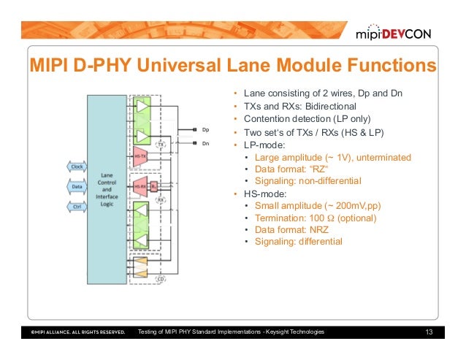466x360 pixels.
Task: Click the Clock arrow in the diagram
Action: coord(77,166)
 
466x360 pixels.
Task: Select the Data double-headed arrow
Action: coord(77,187)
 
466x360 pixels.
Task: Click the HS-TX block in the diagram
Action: coord(140,156)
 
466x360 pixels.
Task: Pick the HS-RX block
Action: coord(140,185)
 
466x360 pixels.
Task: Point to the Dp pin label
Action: coord(205,129)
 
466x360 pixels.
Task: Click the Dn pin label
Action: coord(205,144)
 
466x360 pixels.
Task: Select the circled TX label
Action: coord(161,145)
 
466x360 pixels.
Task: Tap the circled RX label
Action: coord(161,199)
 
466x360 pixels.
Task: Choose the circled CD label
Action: coord(161,277)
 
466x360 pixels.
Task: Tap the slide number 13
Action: coord(429,333)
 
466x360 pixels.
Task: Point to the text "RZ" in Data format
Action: coord(311,169)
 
